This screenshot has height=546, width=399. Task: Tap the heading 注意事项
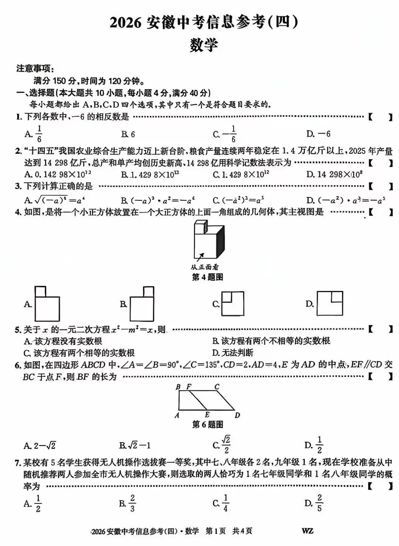click(35, 68)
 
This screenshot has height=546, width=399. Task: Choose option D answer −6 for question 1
click(318, 134)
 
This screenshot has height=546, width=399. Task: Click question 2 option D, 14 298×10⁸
click(334, 174)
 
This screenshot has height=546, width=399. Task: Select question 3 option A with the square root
click(55, 200)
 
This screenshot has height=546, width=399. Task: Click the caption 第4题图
click(207, 277)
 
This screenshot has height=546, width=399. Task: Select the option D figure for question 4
click(330, 303)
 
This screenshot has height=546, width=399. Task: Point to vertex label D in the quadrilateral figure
click(237, 415)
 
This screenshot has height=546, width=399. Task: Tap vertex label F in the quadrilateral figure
click(189, 387)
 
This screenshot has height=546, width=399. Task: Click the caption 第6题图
click(207, 424)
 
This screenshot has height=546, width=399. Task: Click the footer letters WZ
click(307, 531)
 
